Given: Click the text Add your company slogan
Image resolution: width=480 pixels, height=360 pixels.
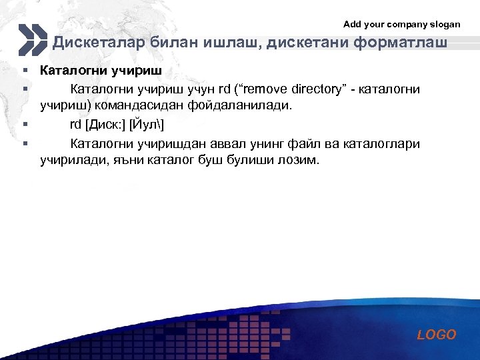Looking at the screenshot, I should pyautogui.click(x=401, y=24).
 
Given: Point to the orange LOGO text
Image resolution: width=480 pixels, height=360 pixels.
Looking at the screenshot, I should pyautogui.click(x=437, y=335).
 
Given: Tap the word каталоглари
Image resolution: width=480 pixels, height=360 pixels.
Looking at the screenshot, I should pyautogui.click(x=385, y=144).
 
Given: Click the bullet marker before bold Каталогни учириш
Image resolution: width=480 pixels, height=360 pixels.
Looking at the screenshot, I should pyautogui.click(x=23, y=70).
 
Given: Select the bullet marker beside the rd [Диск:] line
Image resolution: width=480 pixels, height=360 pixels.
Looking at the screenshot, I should pyautogui.click(x=23, y=124).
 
